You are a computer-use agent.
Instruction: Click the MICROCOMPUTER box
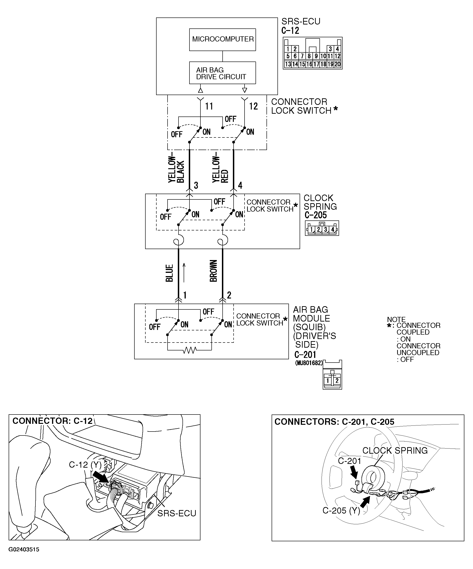(x=223, y=40)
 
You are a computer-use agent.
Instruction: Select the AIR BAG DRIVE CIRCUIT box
(x=223, y=73)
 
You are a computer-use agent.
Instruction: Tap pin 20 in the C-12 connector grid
(x=337, y=64)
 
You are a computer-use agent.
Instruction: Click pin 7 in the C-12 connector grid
(x=302, y=56)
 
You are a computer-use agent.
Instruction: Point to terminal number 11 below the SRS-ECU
(x=209, y=106)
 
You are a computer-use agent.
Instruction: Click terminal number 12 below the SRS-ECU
(x=253, y=106)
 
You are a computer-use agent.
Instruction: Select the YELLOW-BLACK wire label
(x=176, y=169)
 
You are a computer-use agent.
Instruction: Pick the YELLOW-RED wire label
(x=220, y=169)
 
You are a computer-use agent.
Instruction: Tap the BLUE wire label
(x=169, y=273)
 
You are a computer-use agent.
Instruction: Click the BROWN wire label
(x=214, y=271)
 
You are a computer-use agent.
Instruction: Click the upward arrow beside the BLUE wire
(x=184, y=272)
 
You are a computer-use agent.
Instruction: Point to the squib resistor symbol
(x=189, y=351)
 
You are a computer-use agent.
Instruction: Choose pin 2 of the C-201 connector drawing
(x=337, y=381)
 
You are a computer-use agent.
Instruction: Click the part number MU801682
(x=309, y=363)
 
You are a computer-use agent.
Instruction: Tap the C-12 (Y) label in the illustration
(x=85, y=464)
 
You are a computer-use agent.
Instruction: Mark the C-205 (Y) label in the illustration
(x=341, y=511)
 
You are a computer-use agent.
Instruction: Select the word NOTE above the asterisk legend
(x=396, y=319)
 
